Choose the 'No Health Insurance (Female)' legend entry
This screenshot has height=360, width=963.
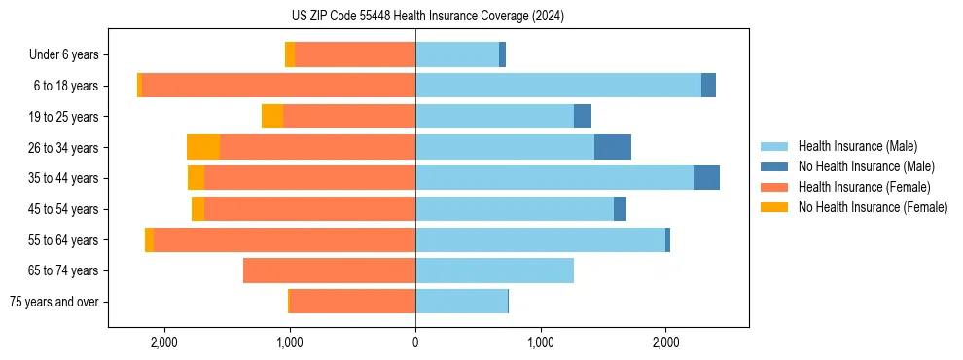pos(873,207)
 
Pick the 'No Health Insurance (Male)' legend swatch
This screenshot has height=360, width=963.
pos(775,166)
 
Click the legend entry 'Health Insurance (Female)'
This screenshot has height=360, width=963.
pos(864,187)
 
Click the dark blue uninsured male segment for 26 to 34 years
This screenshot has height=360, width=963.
pos(613,147)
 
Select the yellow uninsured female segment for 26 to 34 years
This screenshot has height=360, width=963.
pos(203,147)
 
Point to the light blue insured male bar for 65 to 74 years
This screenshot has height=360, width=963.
pos(494,270)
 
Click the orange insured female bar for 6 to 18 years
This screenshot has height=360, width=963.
pos(278,86)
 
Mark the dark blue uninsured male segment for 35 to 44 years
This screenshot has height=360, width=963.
pos(706,178)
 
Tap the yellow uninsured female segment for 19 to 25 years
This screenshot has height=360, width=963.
pos(272,117)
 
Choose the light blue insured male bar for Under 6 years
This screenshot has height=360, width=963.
pos(457,54)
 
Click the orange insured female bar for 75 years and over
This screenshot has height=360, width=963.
pos(352,302)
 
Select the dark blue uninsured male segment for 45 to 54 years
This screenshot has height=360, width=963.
pos(620,209)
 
